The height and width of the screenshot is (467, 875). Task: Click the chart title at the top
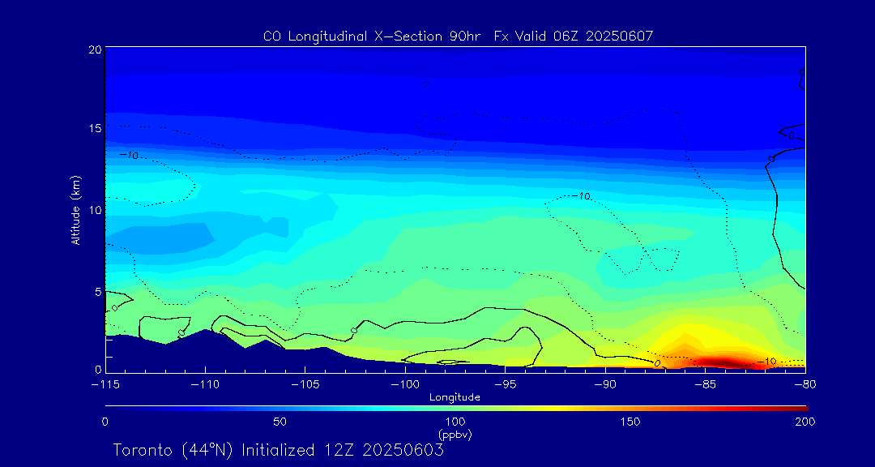point(458,36)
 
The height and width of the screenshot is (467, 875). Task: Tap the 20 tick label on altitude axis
point(95,49)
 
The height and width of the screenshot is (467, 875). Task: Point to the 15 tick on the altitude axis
point(95,128)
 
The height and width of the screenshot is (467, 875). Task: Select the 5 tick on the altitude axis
point(98,291)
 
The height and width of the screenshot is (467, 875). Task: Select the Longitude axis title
point(455,397)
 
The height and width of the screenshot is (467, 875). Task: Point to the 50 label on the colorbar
point(280,422)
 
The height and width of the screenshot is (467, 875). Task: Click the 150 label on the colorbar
point(630,422)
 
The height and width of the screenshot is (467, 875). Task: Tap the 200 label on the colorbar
point(805,422)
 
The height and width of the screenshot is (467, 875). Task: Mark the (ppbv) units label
point(455,435)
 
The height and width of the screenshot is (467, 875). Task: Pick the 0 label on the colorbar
point(105,422)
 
